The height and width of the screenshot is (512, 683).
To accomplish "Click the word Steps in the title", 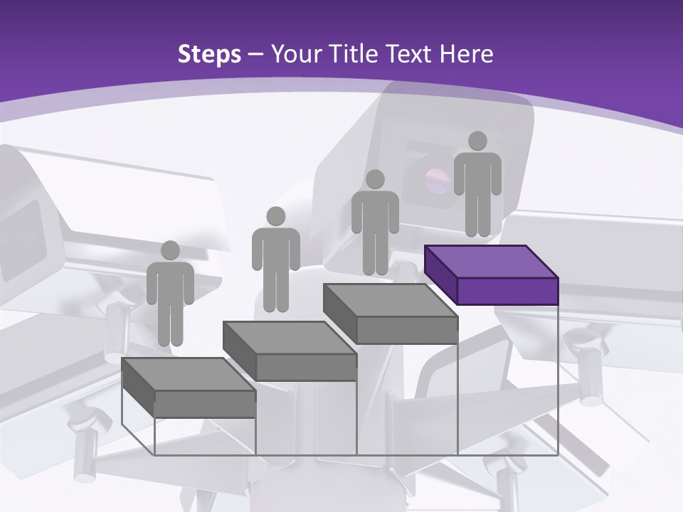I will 209,54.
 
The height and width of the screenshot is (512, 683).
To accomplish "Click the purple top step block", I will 491,262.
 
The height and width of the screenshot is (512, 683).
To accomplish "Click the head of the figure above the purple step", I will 478,141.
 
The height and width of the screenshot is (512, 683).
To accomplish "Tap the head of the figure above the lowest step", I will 170,250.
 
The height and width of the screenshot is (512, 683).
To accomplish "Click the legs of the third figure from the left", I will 375,252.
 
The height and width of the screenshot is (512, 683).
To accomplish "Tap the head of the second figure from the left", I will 275,216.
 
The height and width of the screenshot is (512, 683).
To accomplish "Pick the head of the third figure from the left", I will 375,179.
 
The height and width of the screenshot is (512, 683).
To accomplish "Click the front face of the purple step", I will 507,291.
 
